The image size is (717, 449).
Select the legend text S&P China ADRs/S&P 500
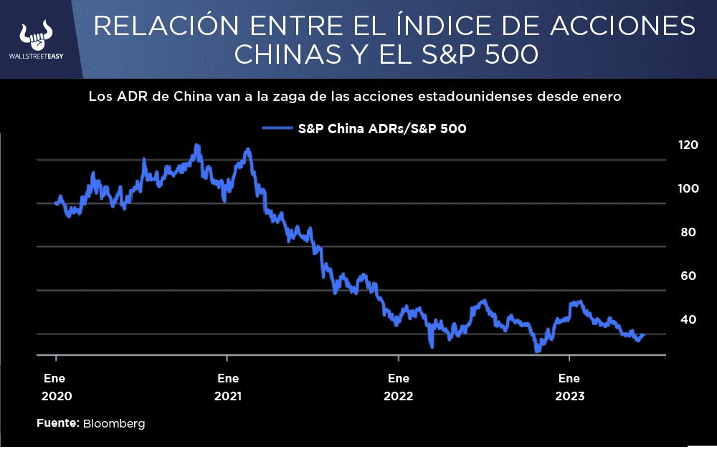(x=381, y=129)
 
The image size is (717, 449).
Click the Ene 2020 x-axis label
(x=56, y=387)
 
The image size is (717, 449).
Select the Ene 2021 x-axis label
(x=227, y=387)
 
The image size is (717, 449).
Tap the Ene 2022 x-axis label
(x=398, y=387)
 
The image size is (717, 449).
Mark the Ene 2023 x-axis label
(x=569, y=387)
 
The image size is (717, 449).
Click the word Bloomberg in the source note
(x=114, y=424)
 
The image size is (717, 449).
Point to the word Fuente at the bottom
(x=57, y=424)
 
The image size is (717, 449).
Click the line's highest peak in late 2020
(x=196, y=145)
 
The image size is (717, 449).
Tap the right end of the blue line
(x=644, y=334)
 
